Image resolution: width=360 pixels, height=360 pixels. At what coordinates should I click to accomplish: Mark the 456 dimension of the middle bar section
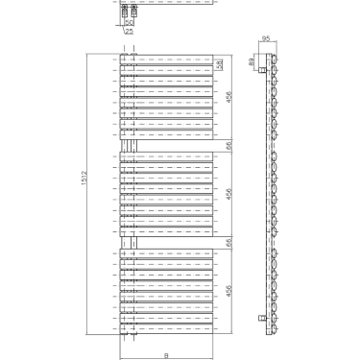228,193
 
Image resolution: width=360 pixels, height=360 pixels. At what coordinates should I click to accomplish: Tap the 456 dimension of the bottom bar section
228,289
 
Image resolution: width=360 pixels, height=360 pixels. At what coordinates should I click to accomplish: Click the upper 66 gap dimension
228,145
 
